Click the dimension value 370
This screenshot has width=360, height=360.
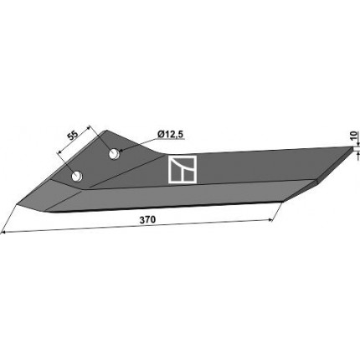[147, 220]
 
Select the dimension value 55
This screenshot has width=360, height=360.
[73, 136]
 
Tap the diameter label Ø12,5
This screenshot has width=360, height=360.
[170, 135]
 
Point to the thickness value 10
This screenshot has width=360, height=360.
[354, 136]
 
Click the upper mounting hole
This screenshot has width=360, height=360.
[114, 154]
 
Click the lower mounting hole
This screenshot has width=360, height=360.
[76, 176]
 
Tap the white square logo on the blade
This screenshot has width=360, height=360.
[183, 169]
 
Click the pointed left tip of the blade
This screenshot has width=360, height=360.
[17, 204]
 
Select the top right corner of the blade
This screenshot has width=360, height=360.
[352, 147]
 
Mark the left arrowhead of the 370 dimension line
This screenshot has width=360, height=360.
[3, 232]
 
